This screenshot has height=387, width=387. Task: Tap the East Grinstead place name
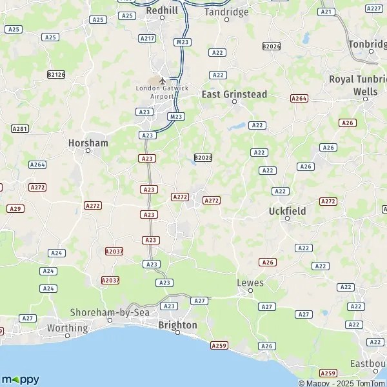(234, 94)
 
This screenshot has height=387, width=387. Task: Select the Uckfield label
(287, 210)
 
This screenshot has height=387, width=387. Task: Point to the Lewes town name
(250, 283)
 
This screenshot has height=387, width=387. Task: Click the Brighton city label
(178, 325)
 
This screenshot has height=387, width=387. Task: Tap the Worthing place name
(67, 328)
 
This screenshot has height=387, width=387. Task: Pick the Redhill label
(161, 10)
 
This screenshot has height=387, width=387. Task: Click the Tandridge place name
(226, 12)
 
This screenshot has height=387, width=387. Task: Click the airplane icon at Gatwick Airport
(162, 81)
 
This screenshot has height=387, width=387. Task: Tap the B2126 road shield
(57, 75)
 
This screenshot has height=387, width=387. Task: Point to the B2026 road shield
(272, 46)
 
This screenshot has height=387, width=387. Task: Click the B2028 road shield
(203, 157)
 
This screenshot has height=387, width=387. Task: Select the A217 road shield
(148, 39)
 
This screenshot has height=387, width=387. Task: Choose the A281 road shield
(20, 129)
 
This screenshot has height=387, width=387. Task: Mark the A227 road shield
(373, 8)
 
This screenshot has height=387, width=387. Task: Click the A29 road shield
(15, 208)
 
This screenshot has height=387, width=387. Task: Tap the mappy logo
(21, 379)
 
